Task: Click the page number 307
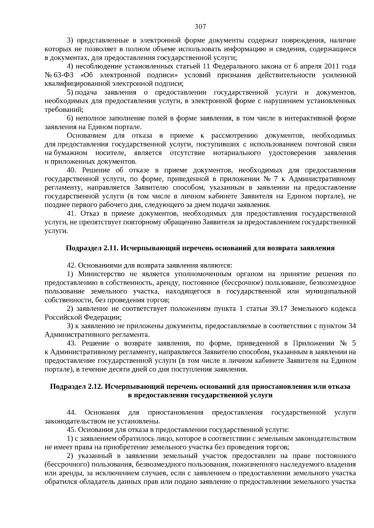coord(200,27)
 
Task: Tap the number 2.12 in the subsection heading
coord(96,386)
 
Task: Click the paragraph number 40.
coord(71,170)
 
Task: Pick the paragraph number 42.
coord(71,265)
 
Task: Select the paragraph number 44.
coord(71,413)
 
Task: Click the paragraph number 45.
coord(71,430)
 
